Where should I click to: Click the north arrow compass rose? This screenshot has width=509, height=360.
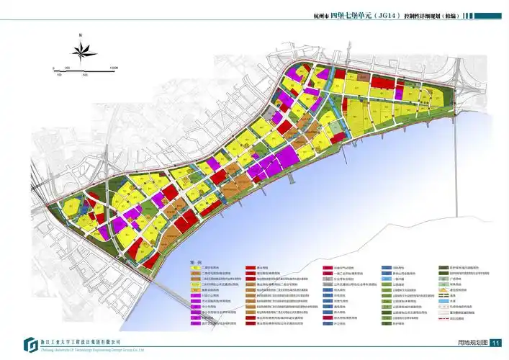[85, 50]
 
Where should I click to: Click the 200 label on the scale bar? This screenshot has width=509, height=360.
[67, 68]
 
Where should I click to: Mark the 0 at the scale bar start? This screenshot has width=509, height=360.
[53, 68]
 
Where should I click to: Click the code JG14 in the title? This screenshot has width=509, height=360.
[382, 14]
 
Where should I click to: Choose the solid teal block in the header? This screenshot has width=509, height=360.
[489, 14]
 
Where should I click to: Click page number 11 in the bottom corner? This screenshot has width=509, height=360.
[495, 343]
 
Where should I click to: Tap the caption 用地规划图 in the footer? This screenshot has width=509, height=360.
[472, 343]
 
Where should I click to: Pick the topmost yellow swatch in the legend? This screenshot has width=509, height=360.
[194, 268]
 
